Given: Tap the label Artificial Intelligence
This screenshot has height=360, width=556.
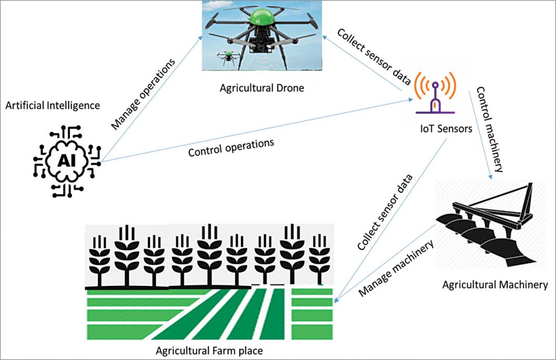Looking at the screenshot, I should (52, 106).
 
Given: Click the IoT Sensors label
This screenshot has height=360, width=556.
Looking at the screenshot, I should (446, 127).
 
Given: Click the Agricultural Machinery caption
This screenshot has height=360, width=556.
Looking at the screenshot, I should (495, 285).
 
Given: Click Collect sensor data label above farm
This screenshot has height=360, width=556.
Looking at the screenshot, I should (386, 211).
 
